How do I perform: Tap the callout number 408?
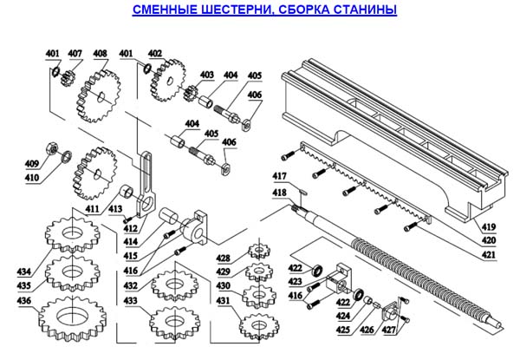[101, 54]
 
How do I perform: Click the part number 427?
[393, 329]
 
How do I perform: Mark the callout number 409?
[31, 163]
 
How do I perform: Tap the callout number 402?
[155, 54]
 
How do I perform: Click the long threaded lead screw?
[407, 278]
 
